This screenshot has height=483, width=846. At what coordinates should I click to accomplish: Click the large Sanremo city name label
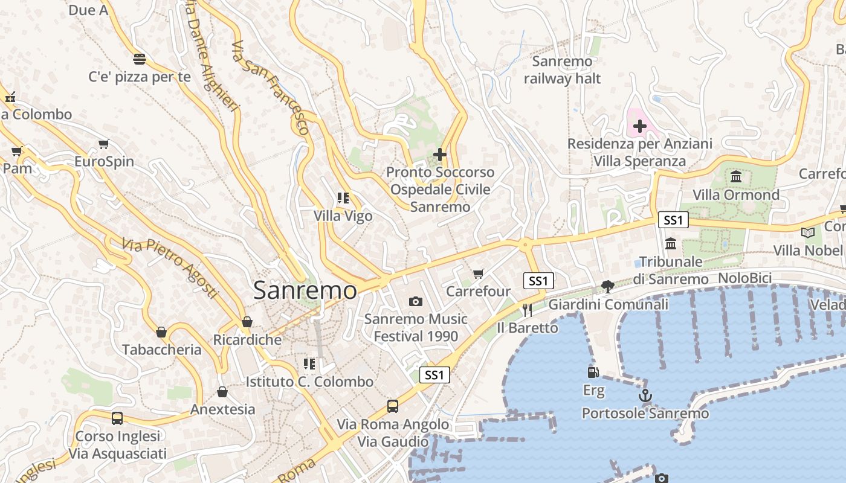(305, 290)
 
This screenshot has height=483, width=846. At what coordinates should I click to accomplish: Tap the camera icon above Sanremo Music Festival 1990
(416, 301)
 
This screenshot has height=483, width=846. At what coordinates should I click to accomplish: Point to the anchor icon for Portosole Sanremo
(645, 396)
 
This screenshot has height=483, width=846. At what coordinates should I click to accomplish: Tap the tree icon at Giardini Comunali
(608, 287)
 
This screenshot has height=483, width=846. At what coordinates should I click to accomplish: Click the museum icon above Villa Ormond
(736, 177)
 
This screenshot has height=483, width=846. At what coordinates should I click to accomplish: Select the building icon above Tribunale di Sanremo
(671, 244)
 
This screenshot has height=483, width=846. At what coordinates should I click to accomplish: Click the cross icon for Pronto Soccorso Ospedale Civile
(440, 155)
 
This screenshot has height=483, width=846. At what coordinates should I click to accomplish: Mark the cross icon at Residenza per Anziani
(639, 126)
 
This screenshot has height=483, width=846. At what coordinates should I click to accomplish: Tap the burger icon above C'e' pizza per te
(140, 59)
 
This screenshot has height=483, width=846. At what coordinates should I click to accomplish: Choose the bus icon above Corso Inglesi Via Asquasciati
(117, 418)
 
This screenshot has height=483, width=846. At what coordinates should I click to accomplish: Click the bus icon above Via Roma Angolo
(393, 406)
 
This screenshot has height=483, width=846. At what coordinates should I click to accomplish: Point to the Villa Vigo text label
(343, 216)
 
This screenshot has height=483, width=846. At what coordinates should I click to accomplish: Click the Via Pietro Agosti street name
(169, 268)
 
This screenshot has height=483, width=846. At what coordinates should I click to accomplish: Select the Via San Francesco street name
(270, 88)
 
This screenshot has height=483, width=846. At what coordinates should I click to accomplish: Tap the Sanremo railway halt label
(563, 69)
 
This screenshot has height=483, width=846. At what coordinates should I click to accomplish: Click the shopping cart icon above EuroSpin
(104, 144)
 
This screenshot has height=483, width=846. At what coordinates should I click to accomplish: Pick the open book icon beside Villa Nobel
(808, 232)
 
